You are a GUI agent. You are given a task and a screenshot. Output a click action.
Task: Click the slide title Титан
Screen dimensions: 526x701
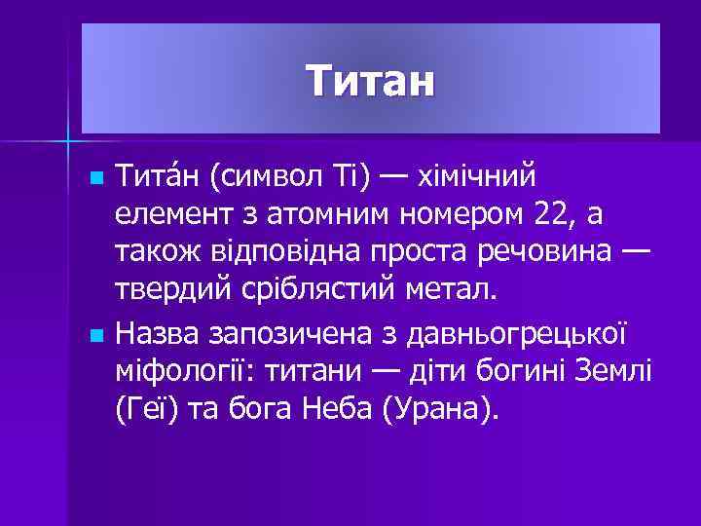[x=370, y=81]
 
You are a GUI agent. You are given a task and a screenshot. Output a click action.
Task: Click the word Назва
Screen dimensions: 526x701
[x=155, y=334]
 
